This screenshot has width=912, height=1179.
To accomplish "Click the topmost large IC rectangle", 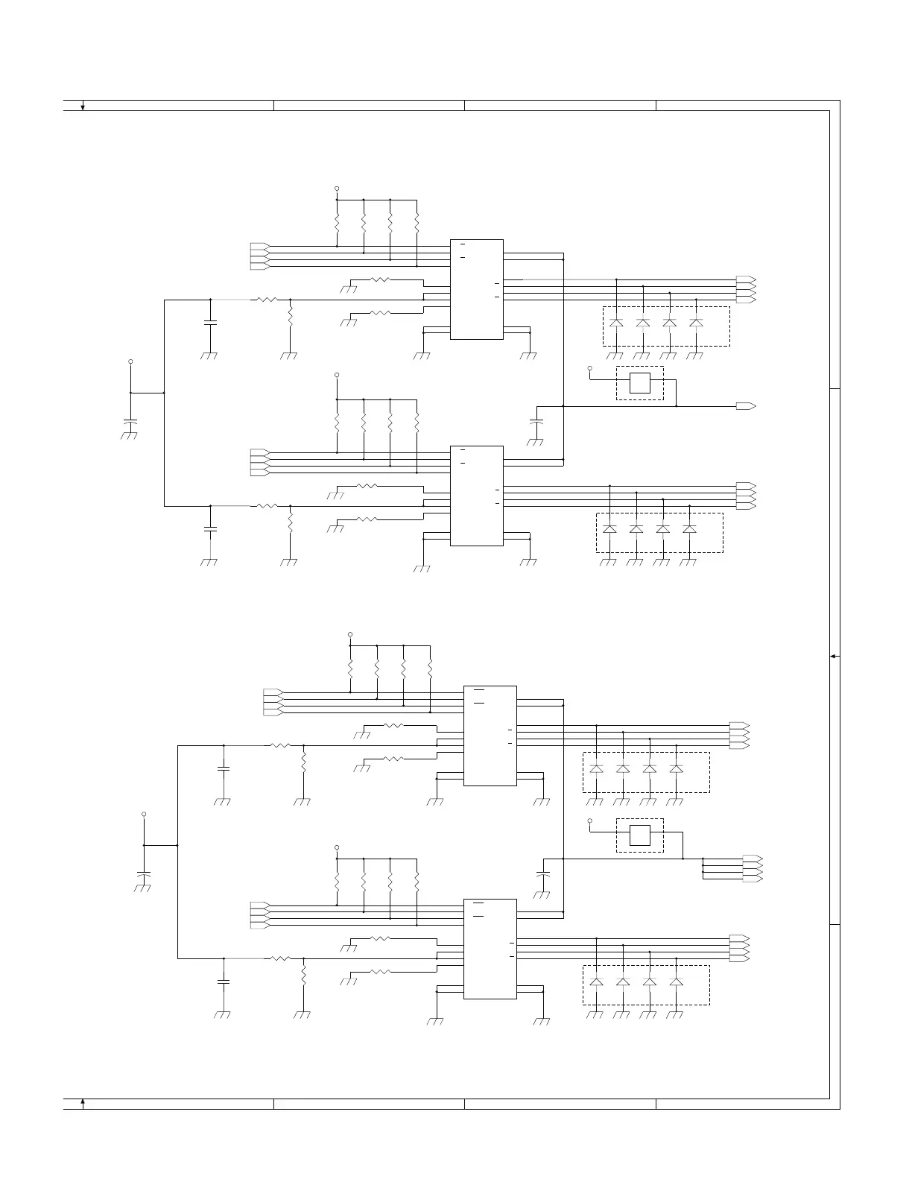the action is pyautogui.click(x=477, y=289).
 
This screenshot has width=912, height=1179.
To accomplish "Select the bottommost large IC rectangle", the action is pyautogui.click(x=490, y=949).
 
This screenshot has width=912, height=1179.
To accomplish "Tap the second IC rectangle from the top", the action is pyautogui.click(x=477, y=496).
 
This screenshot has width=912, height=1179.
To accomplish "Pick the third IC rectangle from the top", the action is pyautogui.click(x=490, y=736).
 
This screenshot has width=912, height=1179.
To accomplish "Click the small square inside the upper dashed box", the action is pyautogui.click(x=640, y=383).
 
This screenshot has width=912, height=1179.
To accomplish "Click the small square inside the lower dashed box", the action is pyautogui.click(x=640, y=835).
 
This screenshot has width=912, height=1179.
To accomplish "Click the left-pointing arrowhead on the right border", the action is pyautogui.click(x=834, y=656).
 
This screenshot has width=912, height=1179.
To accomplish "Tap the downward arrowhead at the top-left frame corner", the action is pyautogui.click(x=83, y=107).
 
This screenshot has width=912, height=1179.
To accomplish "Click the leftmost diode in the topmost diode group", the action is pyautogui.click(x=616, y=323).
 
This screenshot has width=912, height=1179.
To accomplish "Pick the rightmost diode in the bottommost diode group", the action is pyautogui.click(x=677, y=982).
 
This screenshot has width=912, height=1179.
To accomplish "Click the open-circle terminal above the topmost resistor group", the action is pyautogui.click(x=337, y=189).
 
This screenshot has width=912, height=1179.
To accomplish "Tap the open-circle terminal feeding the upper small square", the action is pyautogui.click(x=590, y=368).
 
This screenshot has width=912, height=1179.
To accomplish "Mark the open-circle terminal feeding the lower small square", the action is pyautogui.click(x=590, y=821).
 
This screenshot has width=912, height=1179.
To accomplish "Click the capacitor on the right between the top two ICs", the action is pyautogui.click(x=535, y=423).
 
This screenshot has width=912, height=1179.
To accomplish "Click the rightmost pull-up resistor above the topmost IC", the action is pyautogui.click(x=417, y=223).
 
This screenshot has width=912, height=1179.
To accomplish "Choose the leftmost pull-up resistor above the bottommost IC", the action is pyautogui.click(x=337, y=882).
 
